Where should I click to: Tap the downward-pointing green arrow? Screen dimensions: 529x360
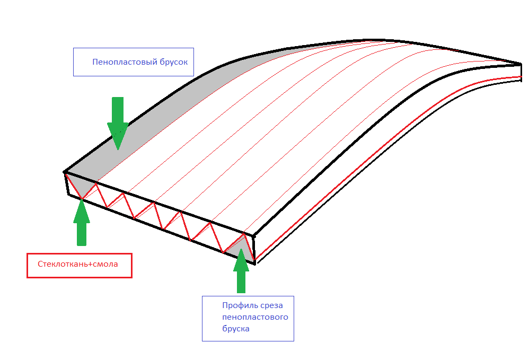pos(118,124)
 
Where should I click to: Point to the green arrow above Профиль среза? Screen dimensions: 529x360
pos(241,270)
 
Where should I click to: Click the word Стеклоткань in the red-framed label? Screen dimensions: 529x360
pos(63,264)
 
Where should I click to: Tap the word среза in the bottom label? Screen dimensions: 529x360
pos(271,306)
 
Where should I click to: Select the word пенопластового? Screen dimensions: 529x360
pos(255,317)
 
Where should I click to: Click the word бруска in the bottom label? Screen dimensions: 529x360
pos(236,329)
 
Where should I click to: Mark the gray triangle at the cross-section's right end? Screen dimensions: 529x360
pos(241,249)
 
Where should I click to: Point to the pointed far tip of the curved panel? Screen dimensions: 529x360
pos(521,64)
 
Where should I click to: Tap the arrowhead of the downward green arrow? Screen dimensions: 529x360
pos(118,135)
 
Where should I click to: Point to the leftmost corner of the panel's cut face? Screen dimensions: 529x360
pos(65,172)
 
